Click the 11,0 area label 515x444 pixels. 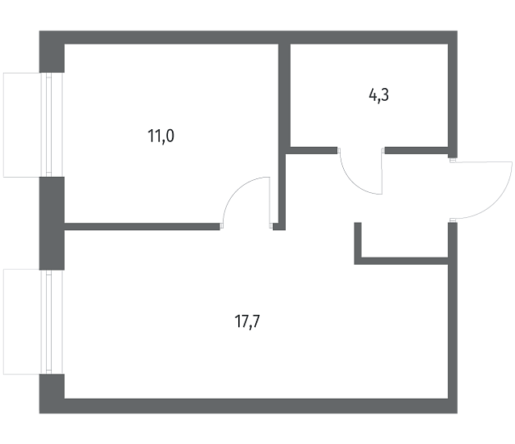(x=161, y=136)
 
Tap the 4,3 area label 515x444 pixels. (x=379, y=95)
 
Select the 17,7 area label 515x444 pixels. (x=247, y=321)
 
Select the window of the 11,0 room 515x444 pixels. (x=33, y=125)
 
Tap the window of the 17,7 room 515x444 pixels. (x=33, y=321)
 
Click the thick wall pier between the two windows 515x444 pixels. (x=52, y=224)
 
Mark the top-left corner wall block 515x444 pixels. (x=52, y=52)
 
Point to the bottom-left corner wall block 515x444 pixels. (x=52, y=393)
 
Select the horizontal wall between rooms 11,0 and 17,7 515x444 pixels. (x=142, y=226)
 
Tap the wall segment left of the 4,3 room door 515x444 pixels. (x=314, y=150)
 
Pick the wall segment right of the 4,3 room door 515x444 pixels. (x=417, y=150)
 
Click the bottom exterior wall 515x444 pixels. (x=249, y=406)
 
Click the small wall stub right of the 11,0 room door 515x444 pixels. (x=278, y=226)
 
